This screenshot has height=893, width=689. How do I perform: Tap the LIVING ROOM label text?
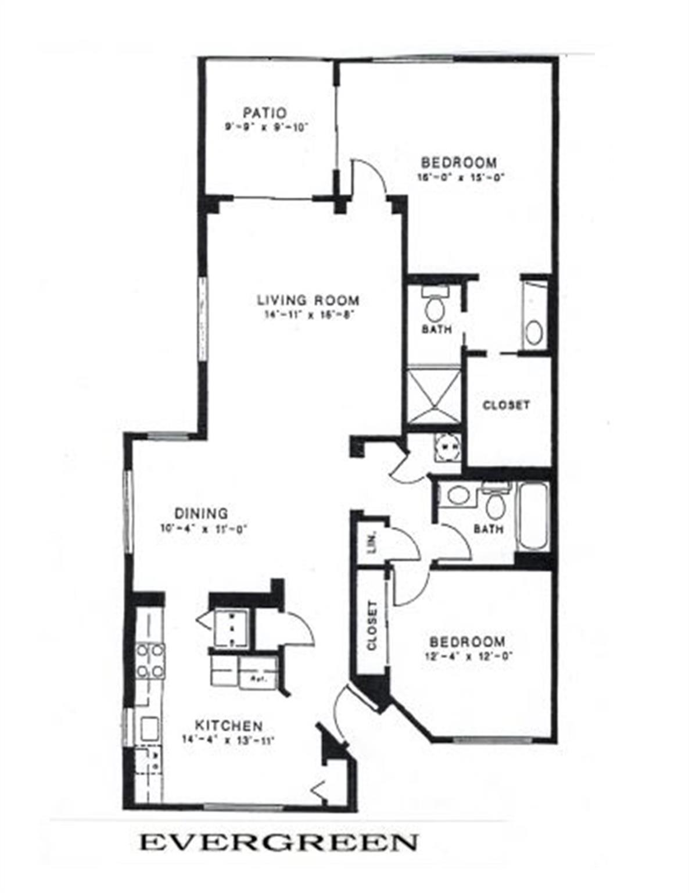click(308, 301)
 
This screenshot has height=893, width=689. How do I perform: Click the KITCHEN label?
click(228, 726)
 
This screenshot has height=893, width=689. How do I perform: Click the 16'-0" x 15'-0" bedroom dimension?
click(458, 178)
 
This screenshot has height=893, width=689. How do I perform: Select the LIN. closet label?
click(372, 541)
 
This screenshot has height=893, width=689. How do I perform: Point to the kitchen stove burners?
click(150, 662)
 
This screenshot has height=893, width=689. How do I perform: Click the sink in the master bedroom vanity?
click(534, 332)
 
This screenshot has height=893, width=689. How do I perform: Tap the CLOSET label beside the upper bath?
click(507, 405)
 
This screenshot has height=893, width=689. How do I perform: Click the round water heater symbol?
click(448, 448)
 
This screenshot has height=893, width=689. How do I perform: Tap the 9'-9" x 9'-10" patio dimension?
click(265, 128)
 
